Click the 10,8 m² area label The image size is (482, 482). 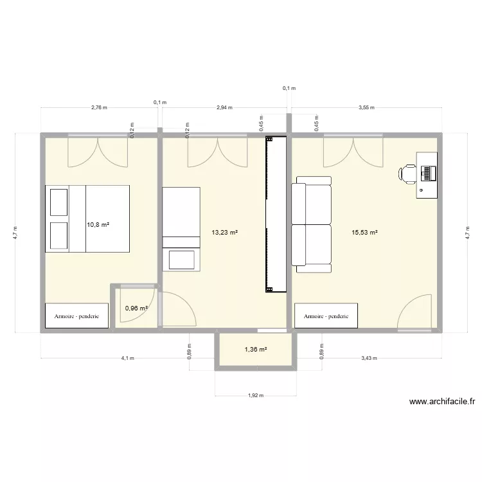[98, 225]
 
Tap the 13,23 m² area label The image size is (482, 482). [224, 233]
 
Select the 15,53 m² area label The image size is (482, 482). [364, 233]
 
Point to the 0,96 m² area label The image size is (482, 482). [136, 308]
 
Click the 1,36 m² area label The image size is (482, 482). [255, 350]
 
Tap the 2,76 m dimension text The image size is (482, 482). [99, 108]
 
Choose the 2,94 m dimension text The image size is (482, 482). [224, 108]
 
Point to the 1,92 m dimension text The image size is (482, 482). [255, 396]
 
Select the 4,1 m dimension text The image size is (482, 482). [127, 359]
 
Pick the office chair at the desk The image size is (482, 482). [408, 174]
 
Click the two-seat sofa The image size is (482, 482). [311, 221]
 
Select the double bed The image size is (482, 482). [87, 219]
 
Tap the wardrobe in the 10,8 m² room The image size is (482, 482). [76, 316]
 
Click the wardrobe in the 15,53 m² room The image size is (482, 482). [326, 316]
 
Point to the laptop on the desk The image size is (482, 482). [429, 173]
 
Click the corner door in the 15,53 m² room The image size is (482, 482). [415, 314]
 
